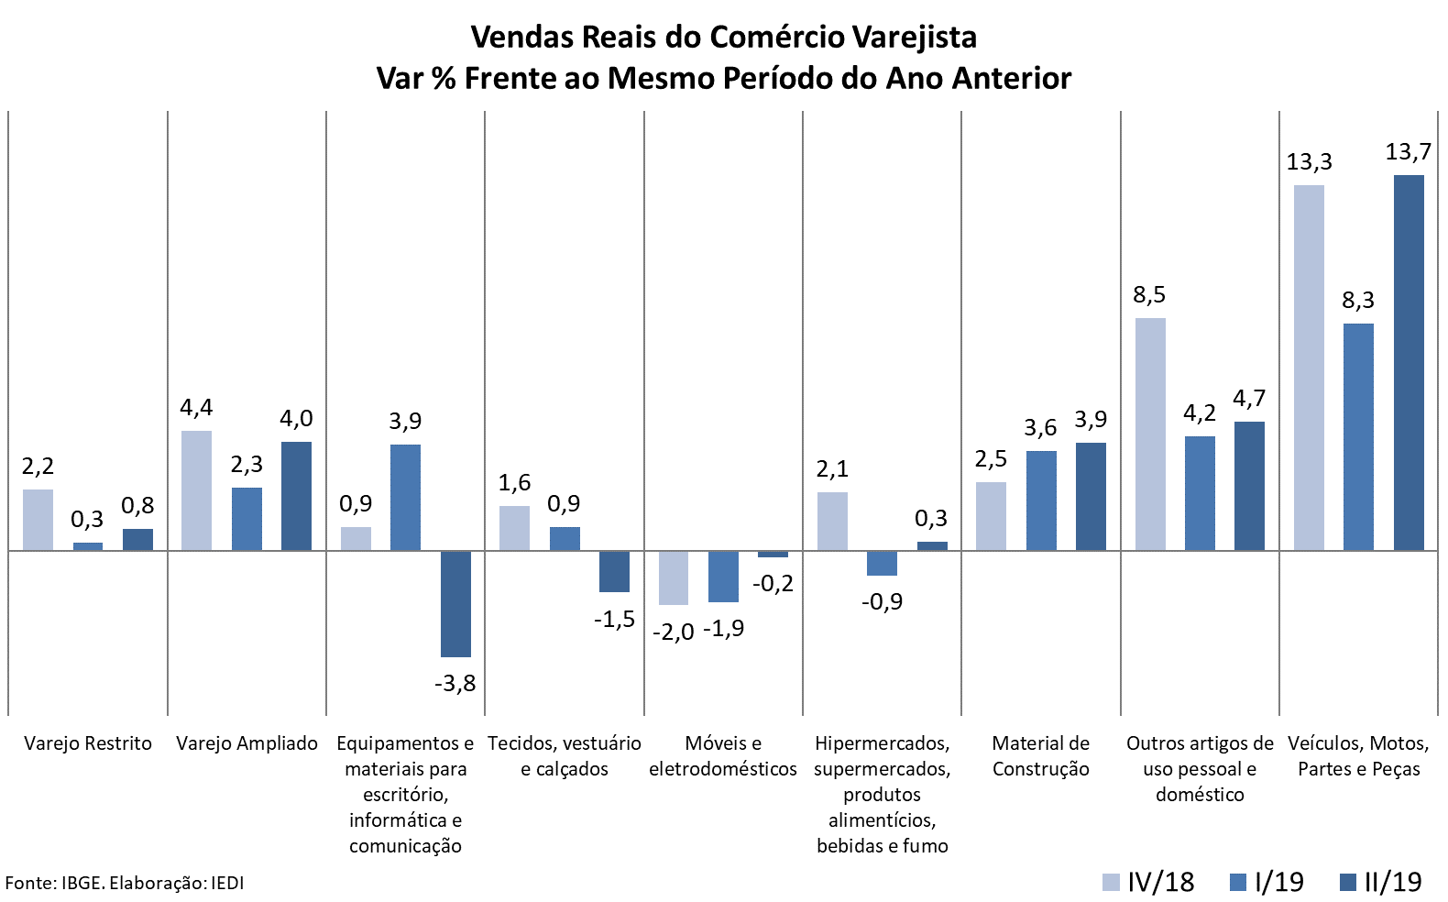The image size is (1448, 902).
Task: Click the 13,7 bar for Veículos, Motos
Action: coord(1409,362)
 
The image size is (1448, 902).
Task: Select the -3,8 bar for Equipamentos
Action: coord(455,603)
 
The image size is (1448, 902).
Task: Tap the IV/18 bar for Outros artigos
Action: coord(1150,434)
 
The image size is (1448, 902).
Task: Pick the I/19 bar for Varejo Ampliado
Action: coord(247,519)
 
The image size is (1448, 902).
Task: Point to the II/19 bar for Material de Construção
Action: coord(1091,496)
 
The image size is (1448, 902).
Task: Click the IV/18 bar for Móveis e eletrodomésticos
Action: coord(674,577)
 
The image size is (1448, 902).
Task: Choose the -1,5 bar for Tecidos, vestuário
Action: coord(614,571)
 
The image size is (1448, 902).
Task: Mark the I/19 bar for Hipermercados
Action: coord(882,563)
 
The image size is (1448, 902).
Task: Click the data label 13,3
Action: coord(1309,162)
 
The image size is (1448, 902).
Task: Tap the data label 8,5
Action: coord(1149,294)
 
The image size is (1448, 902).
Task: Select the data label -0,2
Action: coord(773,584)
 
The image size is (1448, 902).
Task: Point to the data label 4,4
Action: coord(196,407)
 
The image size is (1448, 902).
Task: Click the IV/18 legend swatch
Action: coord(1110,882)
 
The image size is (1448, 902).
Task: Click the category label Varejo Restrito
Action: coord(88,743)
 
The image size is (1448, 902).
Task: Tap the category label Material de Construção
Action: coord(1041,756)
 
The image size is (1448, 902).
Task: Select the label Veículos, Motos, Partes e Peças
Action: coord(1358,756)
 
